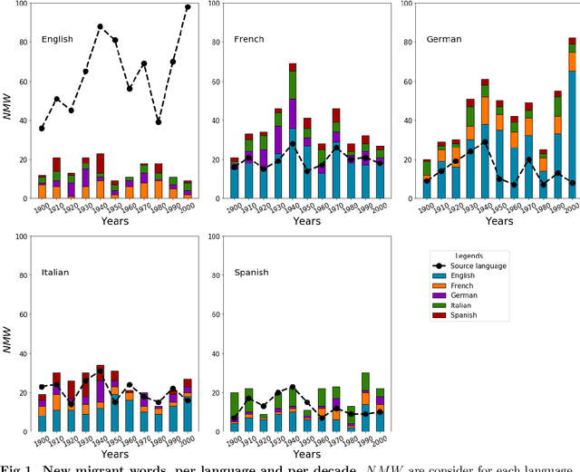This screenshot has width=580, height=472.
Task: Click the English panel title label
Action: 57,40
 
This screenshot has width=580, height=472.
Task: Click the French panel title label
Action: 249,40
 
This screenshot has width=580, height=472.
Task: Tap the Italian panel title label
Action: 55,272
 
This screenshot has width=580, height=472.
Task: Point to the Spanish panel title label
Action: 251,272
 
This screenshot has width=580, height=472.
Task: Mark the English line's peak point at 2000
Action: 187,7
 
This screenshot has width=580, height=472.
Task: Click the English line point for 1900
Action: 42,128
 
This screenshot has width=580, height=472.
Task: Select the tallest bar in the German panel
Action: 572,118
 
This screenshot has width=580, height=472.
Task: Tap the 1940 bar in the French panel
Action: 293,130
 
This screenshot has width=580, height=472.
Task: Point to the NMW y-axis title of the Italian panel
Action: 7,335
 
